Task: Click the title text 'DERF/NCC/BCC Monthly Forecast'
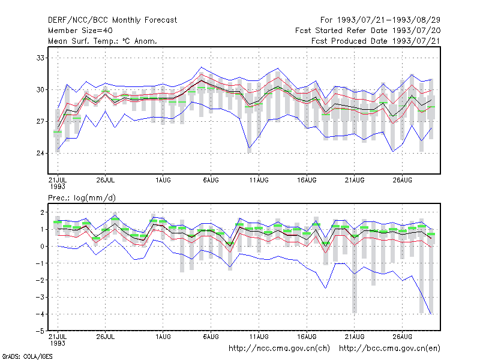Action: pos(112,20)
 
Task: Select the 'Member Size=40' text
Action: pos(80,31)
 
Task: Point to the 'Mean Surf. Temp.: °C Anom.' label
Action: pos(103,41)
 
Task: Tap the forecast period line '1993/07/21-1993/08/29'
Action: pos(389,20)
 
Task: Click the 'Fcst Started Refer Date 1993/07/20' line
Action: pos(368,31)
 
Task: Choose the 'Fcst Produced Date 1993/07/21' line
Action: pos(376,41)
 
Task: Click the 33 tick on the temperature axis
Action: pos(40,58)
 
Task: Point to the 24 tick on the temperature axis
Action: pos(40,153)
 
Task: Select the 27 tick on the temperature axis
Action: pos(40,122)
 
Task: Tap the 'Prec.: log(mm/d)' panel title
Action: pos(82,198)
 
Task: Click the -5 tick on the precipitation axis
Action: pos(40,331)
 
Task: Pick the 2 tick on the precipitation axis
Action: pos(42,212)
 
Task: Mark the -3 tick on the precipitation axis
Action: pos(40,297)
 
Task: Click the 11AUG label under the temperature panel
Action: pos(259,180)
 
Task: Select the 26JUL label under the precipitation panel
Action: pos(106,337)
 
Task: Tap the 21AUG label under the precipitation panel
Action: pos(355,337)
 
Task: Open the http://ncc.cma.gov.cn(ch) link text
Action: pos(279,349)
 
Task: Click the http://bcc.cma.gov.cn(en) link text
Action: pos(389,349)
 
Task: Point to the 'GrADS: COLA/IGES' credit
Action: pos(27,356)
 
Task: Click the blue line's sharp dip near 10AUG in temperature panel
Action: pos(250,148)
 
